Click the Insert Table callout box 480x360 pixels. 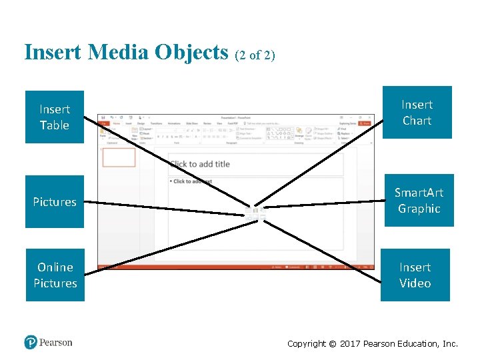point(55,117)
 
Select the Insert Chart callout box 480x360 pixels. point(417,113)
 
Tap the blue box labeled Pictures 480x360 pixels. point(55,201)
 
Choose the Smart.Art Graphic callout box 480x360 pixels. point(419,201)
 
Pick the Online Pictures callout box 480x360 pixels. point(55,275)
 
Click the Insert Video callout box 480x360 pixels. point(415,275)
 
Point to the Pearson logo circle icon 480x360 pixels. point(31,343)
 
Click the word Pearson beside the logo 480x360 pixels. point(55,343)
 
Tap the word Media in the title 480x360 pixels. point(117,52)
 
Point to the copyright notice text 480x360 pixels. point(372,344)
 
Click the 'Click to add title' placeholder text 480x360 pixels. point(199,164)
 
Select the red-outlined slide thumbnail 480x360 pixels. point(119,157)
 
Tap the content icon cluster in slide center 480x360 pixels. point(256,213)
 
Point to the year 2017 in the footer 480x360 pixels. point(350,344)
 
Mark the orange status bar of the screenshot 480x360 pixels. point(227,267)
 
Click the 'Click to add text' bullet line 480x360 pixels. point(193,181)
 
